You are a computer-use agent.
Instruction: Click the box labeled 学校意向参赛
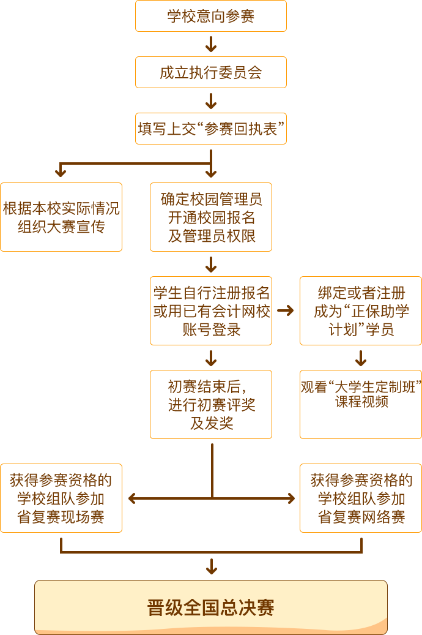pyautogui.click(x=211, y=16)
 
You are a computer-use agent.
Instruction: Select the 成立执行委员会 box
pyautogui.click(x=211, y=72)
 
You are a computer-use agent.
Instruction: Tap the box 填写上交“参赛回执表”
pyautogui.click(x=211, y=129)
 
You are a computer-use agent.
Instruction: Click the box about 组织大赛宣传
pyautogui.click(x=61, y=217)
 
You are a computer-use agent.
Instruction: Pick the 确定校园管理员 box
pyautogui.click(x=211, y=217)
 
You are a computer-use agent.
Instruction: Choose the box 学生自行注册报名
pyautogui.click(x=211, y=310)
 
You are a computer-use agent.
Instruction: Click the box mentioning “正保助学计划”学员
pyautogui.click(x=360, y=310)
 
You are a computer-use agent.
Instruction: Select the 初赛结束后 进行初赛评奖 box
pyautogui.click(x=211, y=404)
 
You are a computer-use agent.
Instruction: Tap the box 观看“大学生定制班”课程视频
pyautogui.click(x=360, y=404)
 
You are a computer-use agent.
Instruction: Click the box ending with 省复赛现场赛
pyautogui.click(x=61, y=498)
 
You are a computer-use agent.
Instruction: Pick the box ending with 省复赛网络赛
pyautogui.click(x=360, y=498)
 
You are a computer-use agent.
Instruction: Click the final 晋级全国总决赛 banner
pyautogui.click(x=211, y=607)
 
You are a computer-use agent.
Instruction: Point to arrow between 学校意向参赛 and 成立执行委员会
pyautogui.click(x=211, y=44)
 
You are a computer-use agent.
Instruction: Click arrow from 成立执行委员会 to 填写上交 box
pyautogui.click(x=211, y=100)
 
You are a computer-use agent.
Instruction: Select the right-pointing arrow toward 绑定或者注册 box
pyautogui.click(x=286, y=310)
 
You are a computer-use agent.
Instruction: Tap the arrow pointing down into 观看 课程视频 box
pyautogui.click(x=360, y=358)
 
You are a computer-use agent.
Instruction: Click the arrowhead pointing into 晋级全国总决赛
pyautogui.click(x=211, y=568)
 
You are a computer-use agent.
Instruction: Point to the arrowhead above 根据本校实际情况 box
pyautogui.click(x=61, y=171)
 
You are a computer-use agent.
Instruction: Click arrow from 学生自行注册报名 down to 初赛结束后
pyautogui.click(x=211, y=358)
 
